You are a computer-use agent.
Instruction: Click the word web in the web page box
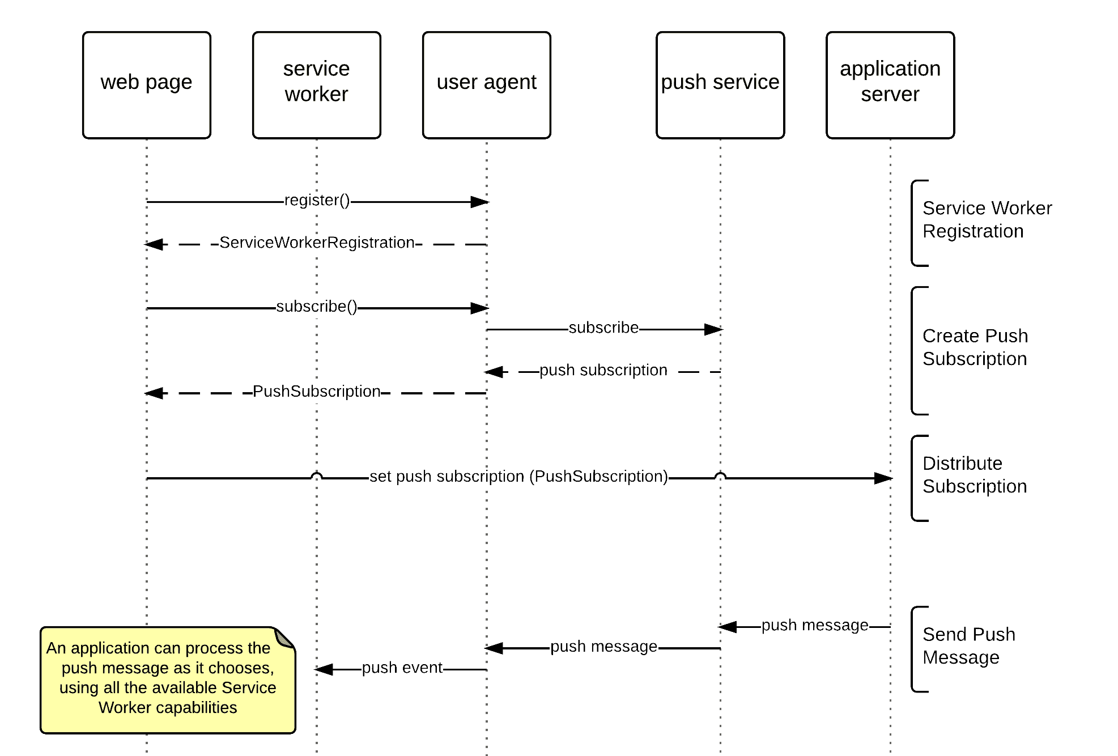pos(120,82)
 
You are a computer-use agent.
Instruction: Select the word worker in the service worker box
pos(316,94)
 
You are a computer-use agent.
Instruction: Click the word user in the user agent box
pos(457,82)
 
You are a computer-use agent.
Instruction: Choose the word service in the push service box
pos(746,82)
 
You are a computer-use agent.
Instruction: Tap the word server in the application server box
pos(890,94)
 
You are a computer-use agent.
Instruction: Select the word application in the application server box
pos(890,69)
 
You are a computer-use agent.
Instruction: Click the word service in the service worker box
pos(316,69)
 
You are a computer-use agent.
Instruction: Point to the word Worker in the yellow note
pos(125,708)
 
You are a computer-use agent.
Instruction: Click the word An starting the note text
pos(56,648)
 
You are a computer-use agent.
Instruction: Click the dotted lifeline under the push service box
pos(720,397)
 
